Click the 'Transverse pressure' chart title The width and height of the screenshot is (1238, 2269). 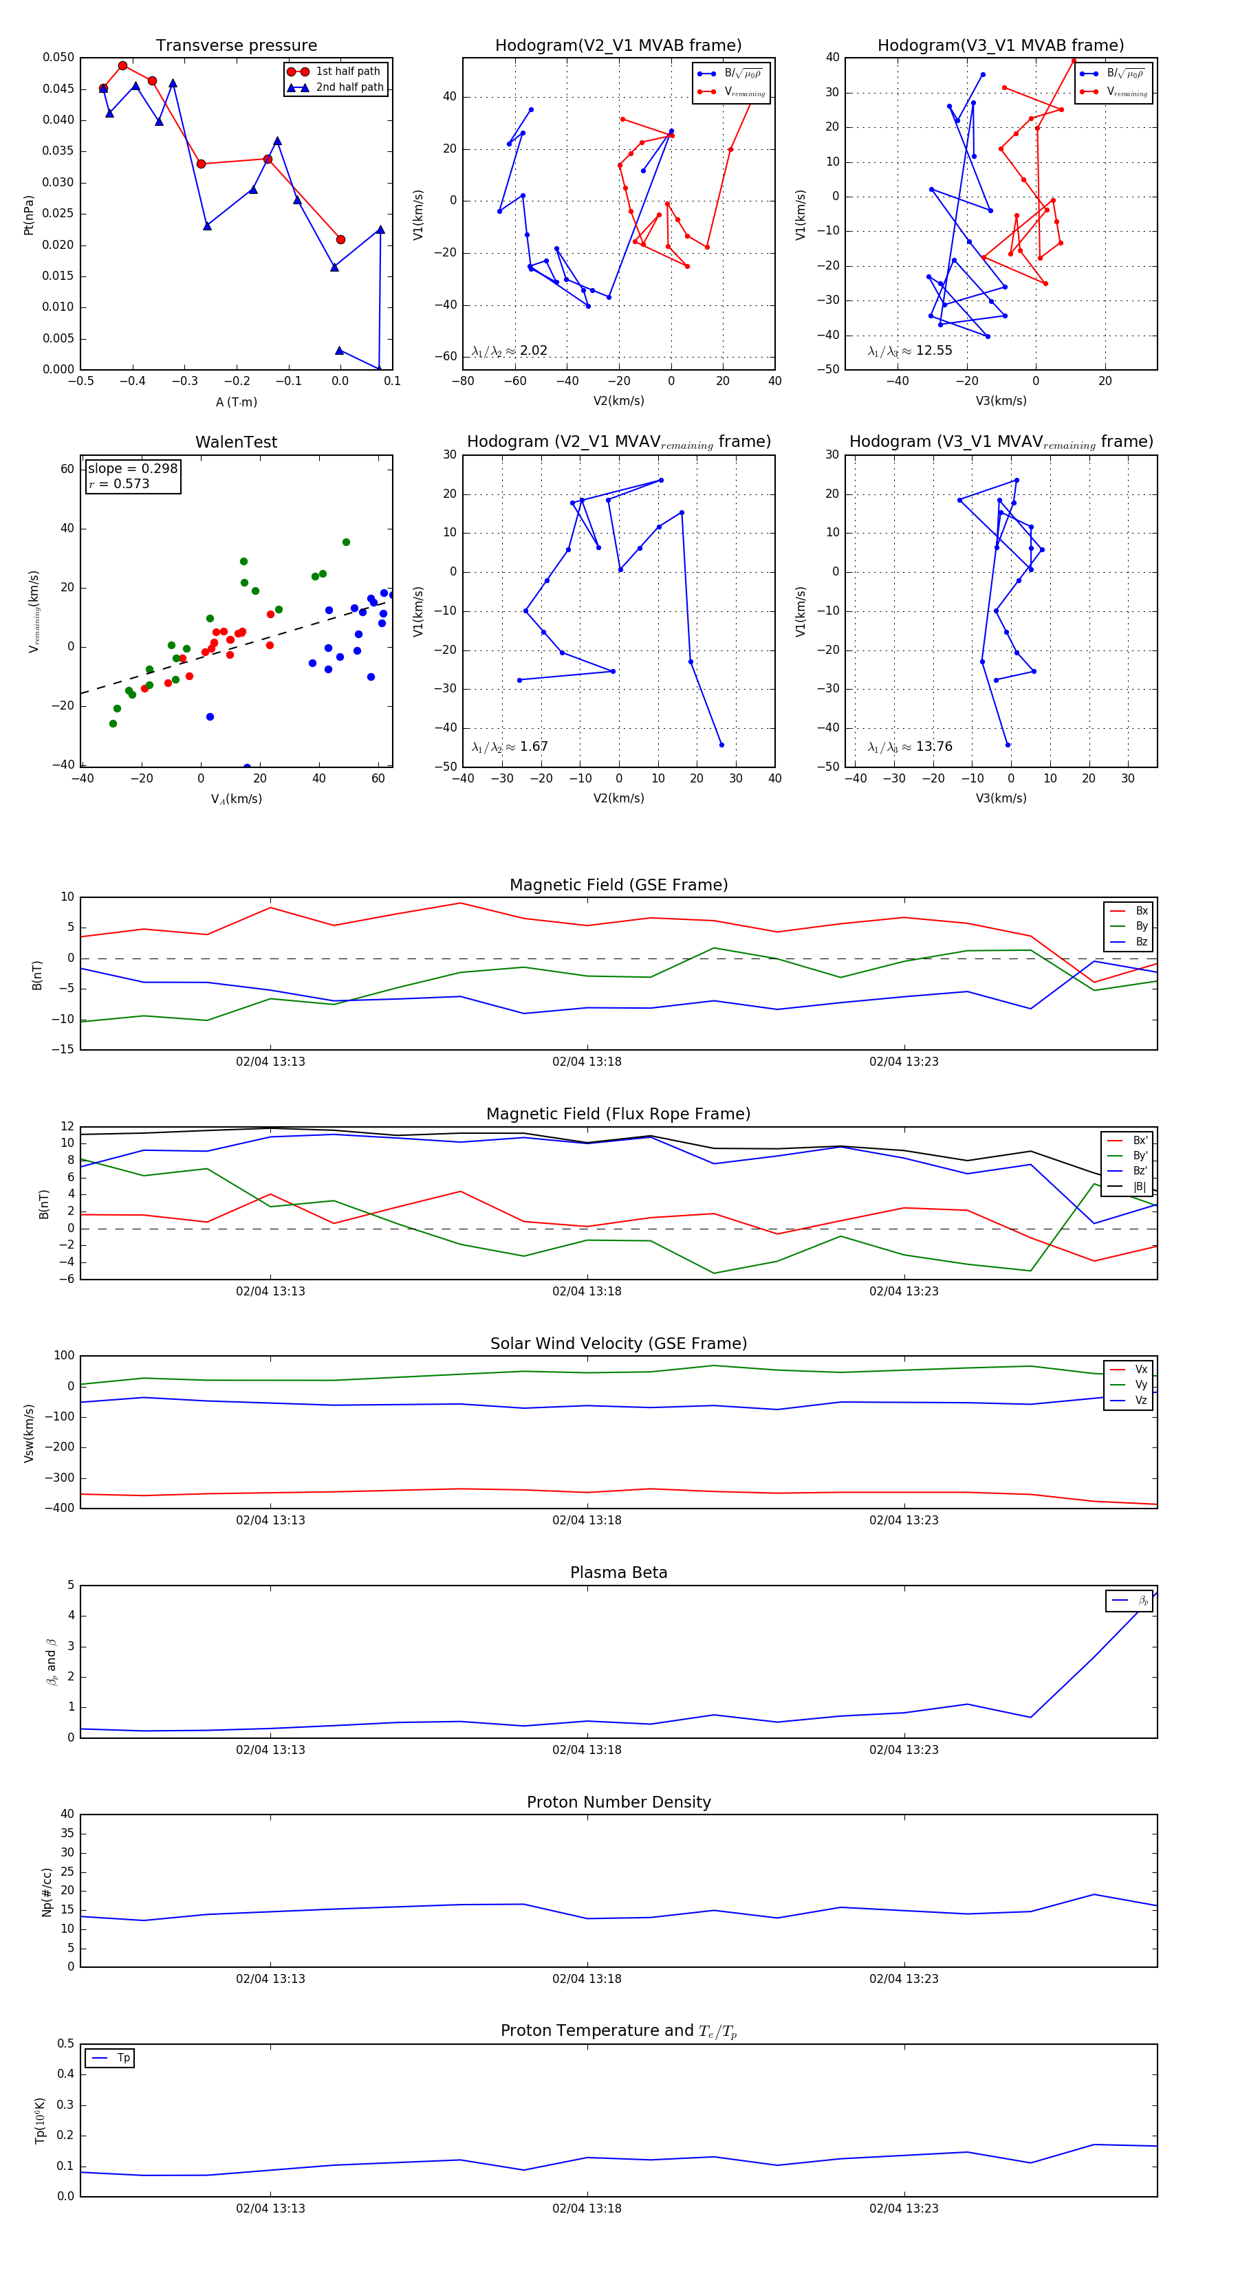point(236,46)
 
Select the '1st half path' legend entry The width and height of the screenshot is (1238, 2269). point(347,72)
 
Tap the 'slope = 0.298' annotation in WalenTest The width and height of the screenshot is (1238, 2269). point(132,469)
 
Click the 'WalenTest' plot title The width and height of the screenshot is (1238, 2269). point(236,442)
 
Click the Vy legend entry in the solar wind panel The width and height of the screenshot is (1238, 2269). point(1141,1385)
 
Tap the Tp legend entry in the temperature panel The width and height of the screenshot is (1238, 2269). point(123,2058)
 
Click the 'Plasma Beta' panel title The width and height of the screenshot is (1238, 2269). point(618,1573)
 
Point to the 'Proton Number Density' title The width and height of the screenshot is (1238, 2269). point(618,1802)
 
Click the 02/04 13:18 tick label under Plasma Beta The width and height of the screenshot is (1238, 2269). point(587,1750)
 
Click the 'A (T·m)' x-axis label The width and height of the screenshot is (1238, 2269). point(236,402)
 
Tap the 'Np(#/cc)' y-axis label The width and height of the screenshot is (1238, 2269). point(47,1893)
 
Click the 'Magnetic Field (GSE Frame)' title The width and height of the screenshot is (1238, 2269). point(618,885)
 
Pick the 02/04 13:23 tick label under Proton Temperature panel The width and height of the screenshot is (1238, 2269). point(903,2208)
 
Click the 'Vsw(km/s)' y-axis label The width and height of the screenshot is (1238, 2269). point(29,1433)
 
